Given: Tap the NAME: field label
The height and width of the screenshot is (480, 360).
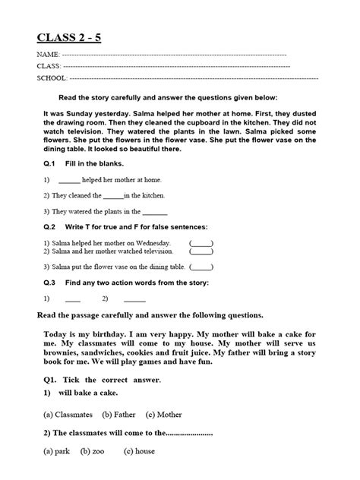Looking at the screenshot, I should (48, 56).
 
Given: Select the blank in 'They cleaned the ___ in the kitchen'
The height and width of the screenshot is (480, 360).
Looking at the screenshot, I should (122, 196).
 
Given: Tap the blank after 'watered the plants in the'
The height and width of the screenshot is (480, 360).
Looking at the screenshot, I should (155, 212).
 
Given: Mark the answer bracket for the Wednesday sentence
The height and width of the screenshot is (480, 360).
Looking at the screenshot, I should (201, 242).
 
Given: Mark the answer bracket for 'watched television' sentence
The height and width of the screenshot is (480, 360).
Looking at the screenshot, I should (201, 251).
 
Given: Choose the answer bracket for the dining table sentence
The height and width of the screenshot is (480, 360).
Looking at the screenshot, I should (201, 267).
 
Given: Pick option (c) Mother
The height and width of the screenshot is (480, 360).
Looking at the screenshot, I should (165, 414).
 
